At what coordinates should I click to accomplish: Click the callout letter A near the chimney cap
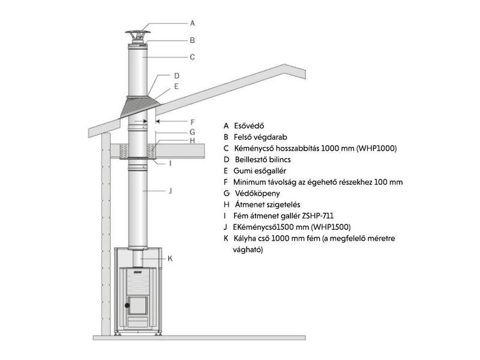(x=193, y=23)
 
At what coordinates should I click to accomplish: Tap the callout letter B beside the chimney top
(x=193, y=40)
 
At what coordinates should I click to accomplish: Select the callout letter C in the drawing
(x=193, y=58)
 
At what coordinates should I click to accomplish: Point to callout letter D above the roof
(x=177, y=76)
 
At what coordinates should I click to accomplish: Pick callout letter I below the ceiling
(x=170, y=163)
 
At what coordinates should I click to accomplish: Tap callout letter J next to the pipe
(x=170, y=191)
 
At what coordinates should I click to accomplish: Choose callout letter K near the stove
(x=170, y=259)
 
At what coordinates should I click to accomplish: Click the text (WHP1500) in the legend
(x=329, y=227)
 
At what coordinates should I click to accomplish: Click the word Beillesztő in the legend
(x=253, y=160)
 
